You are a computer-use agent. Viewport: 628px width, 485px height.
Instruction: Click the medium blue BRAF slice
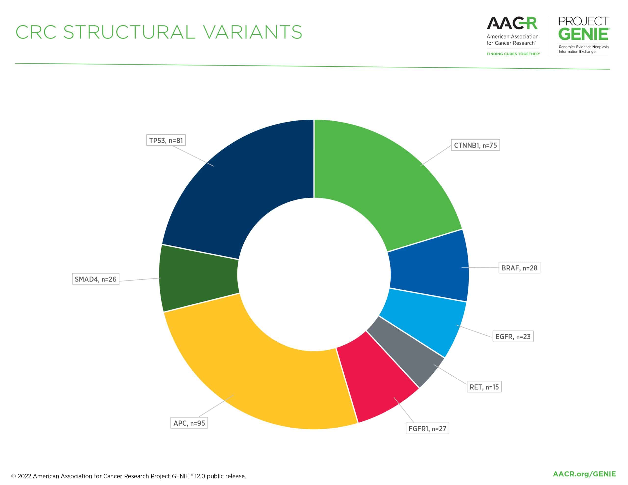(x=429, y=266)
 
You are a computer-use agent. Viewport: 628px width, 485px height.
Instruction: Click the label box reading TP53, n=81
(x=166, y=140)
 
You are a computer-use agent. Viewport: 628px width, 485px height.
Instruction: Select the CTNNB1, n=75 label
(x=475, y=145)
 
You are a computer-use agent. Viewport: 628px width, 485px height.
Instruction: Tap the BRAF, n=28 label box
(x=519, y=268)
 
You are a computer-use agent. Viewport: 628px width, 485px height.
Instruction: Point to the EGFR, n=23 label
(x=513, y=337)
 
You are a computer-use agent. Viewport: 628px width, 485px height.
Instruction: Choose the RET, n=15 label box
(x=484, y=387)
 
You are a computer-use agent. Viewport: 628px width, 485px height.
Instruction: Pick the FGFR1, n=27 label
(x=427, y=429)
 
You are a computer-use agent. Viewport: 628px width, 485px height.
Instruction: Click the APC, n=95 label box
(x=189, y=423)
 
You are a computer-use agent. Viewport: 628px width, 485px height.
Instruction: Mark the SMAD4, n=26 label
(x=95, y=279)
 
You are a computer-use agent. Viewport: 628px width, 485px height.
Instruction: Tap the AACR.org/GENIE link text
(x=584, y=474)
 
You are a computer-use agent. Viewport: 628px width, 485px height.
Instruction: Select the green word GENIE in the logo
(x=583, y=35)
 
